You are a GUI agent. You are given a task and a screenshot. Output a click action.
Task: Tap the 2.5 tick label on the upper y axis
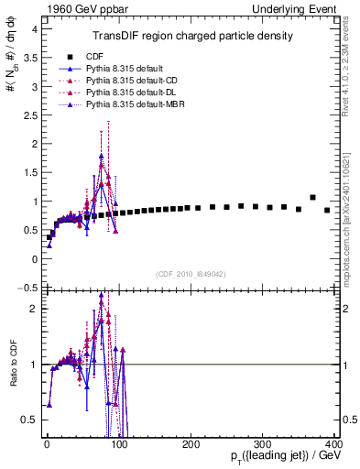29,115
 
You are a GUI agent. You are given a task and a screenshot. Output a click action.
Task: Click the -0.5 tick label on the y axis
27,288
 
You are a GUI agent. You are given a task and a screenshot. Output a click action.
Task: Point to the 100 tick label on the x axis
118,444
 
